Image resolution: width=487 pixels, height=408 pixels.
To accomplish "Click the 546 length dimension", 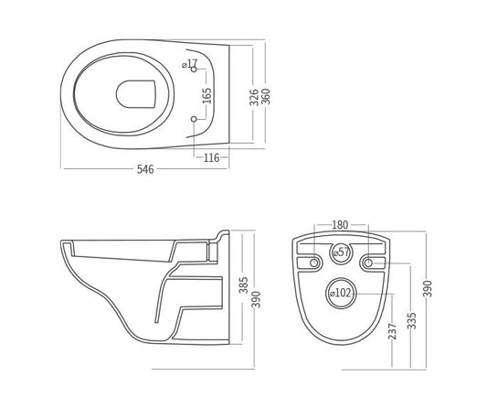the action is tap(145, 169).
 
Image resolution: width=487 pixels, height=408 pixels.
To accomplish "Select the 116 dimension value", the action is tap(211, 157).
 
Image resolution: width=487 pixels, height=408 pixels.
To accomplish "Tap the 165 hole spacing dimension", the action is tap(206, 96).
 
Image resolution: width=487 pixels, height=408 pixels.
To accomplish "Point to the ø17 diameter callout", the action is tap(189, 64).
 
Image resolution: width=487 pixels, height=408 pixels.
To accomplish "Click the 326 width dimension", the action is tap(254, 97).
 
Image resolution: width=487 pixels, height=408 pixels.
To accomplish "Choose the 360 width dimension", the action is tap(266, 96).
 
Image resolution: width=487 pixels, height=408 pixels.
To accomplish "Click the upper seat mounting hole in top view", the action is tap(194, 70).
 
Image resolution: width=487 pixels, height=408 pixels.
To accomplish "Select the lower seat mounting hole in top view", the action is tap(194, 119).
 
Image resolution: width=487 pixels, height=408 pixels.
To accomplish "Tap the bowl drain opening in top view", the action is tap(136, 94).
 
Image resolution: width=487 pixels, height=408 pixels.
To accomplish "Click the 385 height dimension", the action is tap(243, 285).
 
